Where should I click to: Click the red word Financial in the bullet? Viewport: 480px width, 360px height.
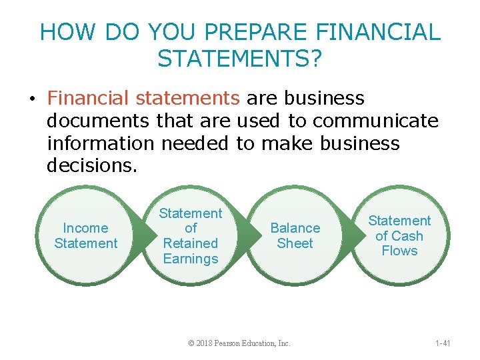coord(89,98)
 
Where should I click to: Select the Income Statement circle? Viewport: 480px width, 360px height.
coord(86,236)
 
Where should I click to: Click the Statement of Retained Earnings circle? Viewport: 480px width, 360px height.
coord(191,236)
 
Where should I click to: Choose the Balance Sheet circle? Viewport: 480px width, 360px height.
coord(295,236)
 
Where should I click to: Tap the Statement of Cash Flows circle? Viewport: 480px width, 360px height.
coord(399,236)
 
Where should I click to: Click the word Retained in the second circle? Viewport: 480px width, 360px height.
coord(191,243)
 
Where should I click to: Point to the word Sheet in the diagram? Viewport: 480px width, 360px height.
coord(295,243)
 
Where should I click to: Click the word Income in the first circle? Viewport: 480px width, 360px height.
coord(86,228)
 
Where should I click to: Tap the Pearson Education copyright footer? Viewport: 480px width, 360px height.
coord(239,343)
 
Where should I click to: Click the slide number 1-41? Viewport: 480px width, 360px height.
coord(443,343)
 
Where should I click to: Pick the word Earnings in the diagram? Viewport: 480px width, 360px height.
coord(191,259)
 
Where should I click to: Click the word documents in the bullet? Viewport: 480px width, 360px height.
coord(98,121)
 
